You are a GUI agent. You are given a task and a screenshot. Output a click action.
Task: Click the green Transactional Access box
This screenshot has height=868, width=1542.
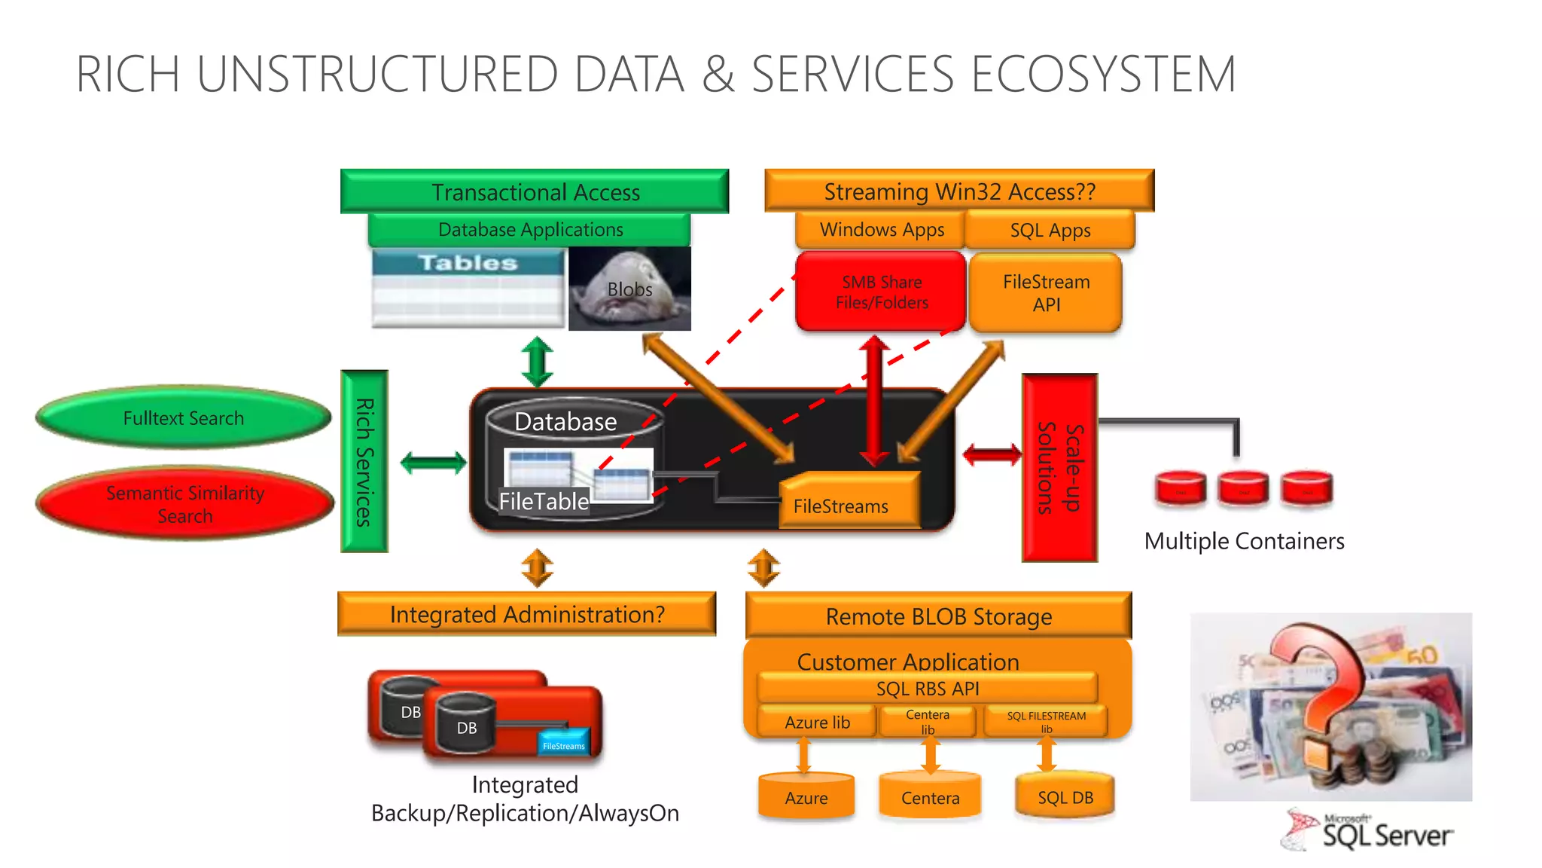point(535,191)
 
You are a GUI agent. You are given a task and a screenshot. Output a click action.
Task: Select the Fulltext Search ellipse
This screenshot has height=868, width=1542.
point(184,417)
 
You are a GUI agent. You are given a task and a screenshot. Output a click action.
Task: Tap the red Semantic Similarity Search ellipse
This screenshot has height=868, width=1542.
point(184,503)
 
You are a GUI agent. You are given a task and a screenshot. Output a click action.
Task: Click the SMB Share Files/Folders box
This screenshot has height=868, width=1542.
point(881,292)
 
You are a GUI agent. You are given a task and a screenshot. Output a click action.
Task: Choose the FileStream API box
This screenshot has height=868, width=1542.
point(1046,293)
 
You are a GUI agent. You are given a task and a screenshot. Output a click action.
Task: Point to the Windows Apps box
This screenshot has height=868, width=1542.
point(881,230)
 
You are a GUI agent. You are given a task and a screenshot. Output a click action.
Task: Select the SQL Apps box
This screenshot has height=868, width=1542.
point(1050,231)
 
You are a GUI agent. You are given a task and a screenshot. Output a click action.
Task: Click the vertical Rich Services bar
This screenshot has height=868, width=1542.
point(364,461)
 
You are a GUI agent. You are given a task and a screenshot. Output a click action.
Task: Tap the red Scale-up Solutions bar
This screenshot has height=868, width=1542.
point(1059,467)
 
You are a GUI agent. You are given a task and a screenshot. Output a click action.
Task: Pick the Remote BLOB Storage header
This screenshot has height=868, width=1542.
point(938,616)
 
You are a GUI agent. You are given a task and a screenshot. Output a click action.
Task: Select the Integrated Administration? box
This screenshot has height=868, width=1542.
point(526,614)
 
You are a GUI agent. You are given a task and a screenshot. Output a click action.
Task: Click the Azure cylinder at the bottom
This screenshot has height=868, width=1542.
point(806,796)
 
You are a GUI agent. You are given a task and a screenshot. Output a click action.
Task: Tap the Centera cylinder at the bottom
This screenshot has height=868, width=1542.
point(930,796)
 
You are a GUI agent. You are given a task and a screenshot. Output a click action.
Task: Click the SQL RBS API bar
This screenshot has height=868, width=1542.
point(927,688)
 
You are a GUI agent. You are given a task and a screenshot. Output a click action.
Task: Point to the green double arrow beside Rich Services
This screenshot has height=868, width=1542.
point(433,463)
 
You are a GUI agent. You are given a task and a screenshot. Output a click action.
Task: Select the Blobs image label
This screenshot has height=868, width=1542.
point(629,289)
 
